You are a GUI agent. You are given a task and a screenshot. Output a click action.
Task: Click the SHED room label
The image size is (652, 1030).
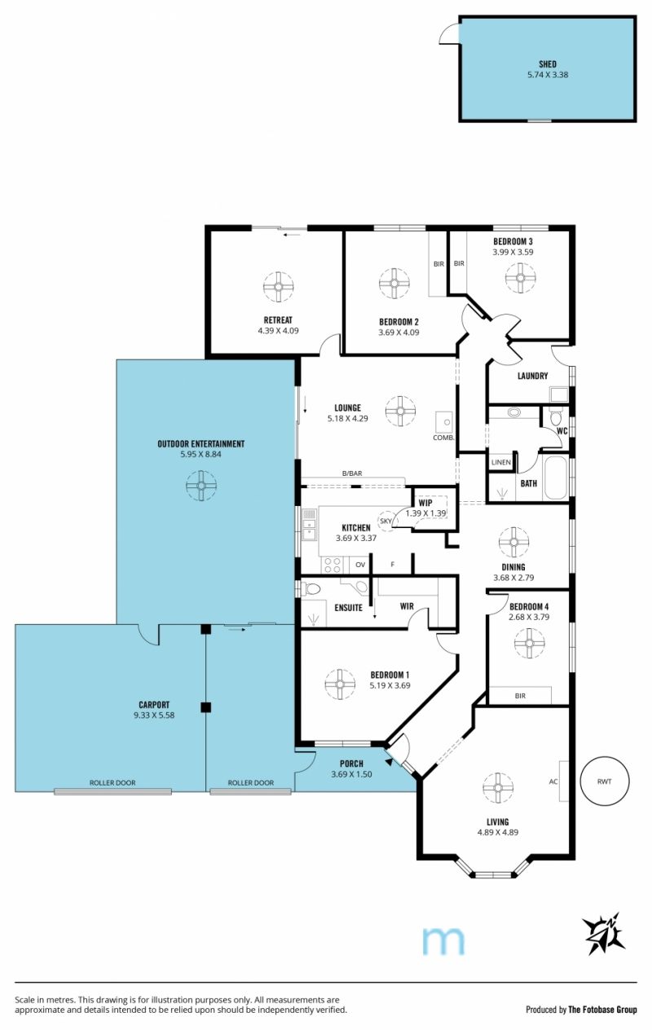[548, 64]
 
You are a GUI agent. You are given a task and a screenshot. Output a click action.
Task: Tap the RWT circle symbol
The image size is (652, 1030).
[604, 781]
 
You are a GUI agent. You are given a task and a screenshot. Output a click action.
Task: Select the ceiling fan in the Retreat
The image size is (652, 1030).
[278, 287]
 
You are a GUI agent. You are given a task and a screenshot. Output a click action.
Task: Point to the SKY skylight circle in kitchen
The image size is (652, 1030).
[386, 521]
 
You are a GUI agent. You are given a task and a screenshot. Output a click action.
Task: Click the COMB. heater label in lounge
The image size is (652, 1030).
[443, 438]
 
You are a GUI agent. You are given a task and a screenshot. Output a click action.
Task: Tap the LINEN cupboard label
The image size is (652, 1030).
[500, 462]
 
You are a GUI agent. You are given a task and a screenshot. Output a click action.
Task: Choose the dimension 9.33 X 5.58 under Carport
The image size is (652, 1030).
[154, 715]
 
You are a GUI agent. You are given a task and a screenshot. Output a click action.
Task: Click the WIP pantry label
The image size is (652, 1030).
[425, 503]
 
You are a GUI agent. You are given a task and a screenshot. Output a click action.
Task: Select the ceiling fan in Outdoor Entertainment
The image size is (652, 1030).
[201, 485]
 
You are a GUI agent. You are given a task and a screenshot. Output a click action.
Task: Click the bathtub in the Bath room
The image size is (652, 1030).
[555, 478]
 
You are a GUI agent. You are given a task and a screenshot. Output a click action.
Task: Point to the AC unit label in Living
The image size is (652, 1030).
[553, 781]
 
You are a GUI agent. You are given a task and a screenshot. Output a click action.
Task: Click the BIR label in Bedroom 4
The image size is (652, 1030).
[520, 696]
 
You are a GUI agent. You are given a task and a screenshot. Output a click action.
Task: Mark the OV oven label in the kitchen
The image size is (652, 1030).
[360, 565]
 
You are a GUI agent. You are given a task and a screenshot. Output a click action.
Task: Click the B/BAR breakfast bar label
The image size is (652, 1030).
[352, 473]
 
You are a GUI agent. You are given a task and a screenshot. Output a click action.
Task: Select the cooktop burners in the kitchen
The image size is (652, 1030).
[333, 566]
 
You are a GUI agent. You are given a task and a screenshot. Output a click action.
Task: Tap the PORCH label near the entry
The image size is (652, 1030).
[351, 764]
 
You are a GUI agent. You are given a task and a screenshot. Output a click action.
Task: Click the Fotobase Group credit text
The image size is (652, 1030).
[603, 1010]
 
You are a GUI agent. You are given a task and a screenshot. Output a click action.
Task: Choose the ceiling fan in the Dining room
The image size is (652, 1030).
[513, 542]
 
